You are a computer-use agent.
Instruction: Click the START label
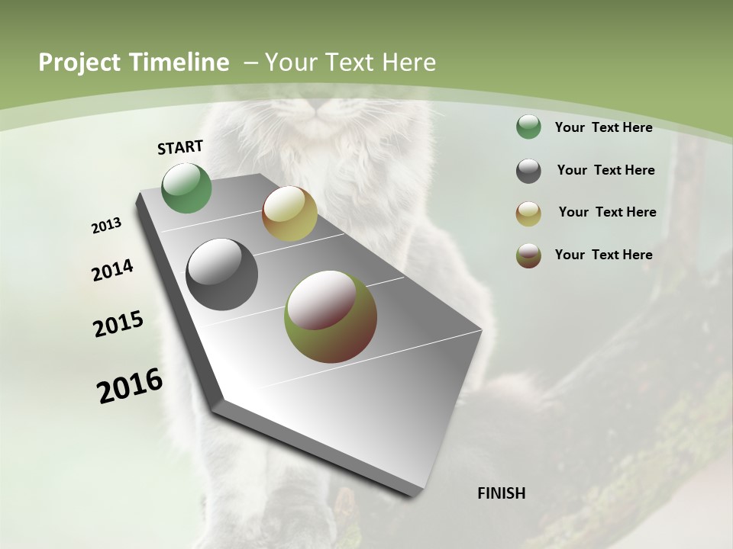[180, 147]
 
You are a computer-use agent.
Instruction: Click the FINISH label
[501, 493]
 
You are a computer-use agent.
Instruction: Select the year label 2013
[106, 226]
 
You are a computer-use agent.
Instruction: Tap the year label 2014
[112, 271]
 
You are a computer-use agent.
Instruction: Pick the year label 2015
[118, 324]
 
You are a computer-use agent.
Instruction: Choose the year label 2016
[130, 385]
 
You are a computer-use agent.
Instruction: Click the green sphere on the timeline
[187, 188]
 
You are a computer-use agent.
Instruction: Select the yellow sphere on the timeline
[289, 213]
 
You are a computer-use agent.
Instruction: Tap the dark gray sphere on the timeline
[221, 274]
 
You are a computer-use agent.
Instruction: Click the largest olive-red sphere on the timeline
[331, 316]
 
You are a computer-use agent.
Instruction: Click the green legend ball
[528, 127]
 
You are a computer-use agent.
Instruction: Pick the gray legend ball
[528, 171]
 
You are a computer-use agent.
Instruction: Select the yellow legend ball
[528, 213]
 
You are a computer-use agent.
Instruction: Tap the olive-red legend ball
[528, 255]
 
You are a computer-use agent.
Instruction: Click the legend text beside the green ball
[603, 127]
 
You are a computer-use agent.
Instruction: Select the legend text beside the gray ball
[605, 170]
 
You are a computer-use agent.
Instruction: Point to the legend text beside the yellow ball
[607, 212]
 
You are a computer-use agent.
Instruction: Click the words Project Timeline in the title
[134, 63]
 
